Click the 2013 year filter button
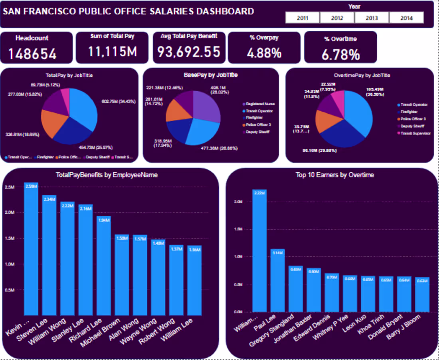point(372,18)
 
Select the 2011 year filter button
point(302,18)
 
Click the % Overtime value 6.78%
point(340,54)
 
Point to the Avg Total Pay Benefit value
point(188,51)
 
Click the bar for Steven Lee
point(49,255)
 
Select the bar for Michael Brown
point(122,275)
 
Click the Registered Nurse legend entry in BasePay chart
point(259,104)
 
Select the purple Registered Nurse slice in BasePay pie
point(207,104)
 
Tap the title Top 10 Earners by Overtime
point(335,175)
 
